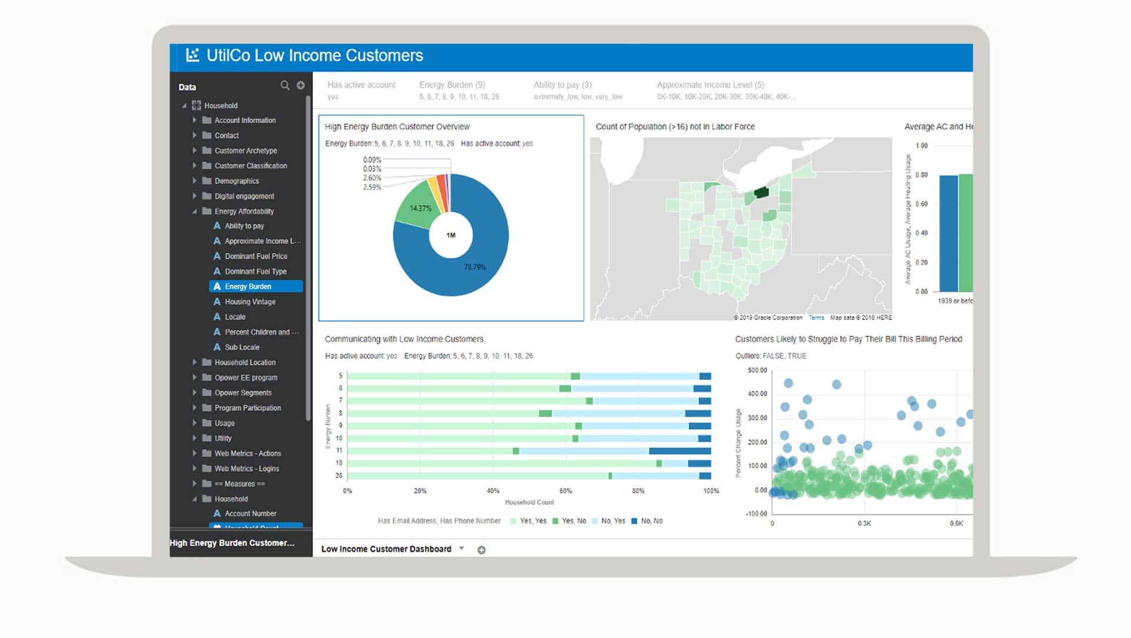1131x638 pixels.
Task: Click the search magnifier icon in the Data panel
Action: tap(285, 85)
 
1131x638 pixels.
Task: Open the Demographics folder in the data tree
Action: tap(236, 181)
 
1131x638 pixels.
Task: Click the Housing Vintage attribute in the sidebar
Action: tap(250, 302)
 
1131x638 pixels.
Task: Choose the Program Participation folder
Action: tap(247, 408)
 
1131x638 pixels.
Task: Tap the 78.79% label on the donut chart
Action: tap(475, 267)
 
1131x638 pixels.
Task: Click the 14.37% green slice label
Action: tap(421, 208)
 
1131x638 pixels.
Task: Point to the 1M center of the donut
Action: tap(451, 235)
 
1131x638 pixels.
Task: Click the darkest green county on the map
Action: tap(762, 192)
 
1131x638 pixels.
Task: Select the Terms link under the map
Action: tap(816, 318)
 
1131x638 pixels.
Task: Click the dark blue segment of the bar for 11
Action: tap(680, 451)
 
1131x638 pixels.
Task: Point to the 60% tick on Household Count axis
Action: tap(565, 491)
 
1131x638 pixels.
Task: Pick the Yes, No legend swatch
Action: tap(555, 521)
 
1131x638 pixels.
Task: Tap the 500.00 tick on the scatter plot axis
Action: tap(758, 370)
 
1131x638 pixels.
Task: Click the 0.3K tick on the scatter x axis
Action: tap(864, 523)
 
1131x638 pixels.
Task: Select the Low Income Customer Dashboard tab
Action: tap(386, 549)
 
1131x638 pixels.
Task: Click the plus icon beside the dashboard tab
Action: tap(481, 550)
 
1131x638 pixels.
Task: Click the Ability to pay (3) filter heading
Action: tap(563, 85)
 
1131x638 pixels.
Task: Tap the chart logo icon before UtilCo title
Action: tap(193, 55)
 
